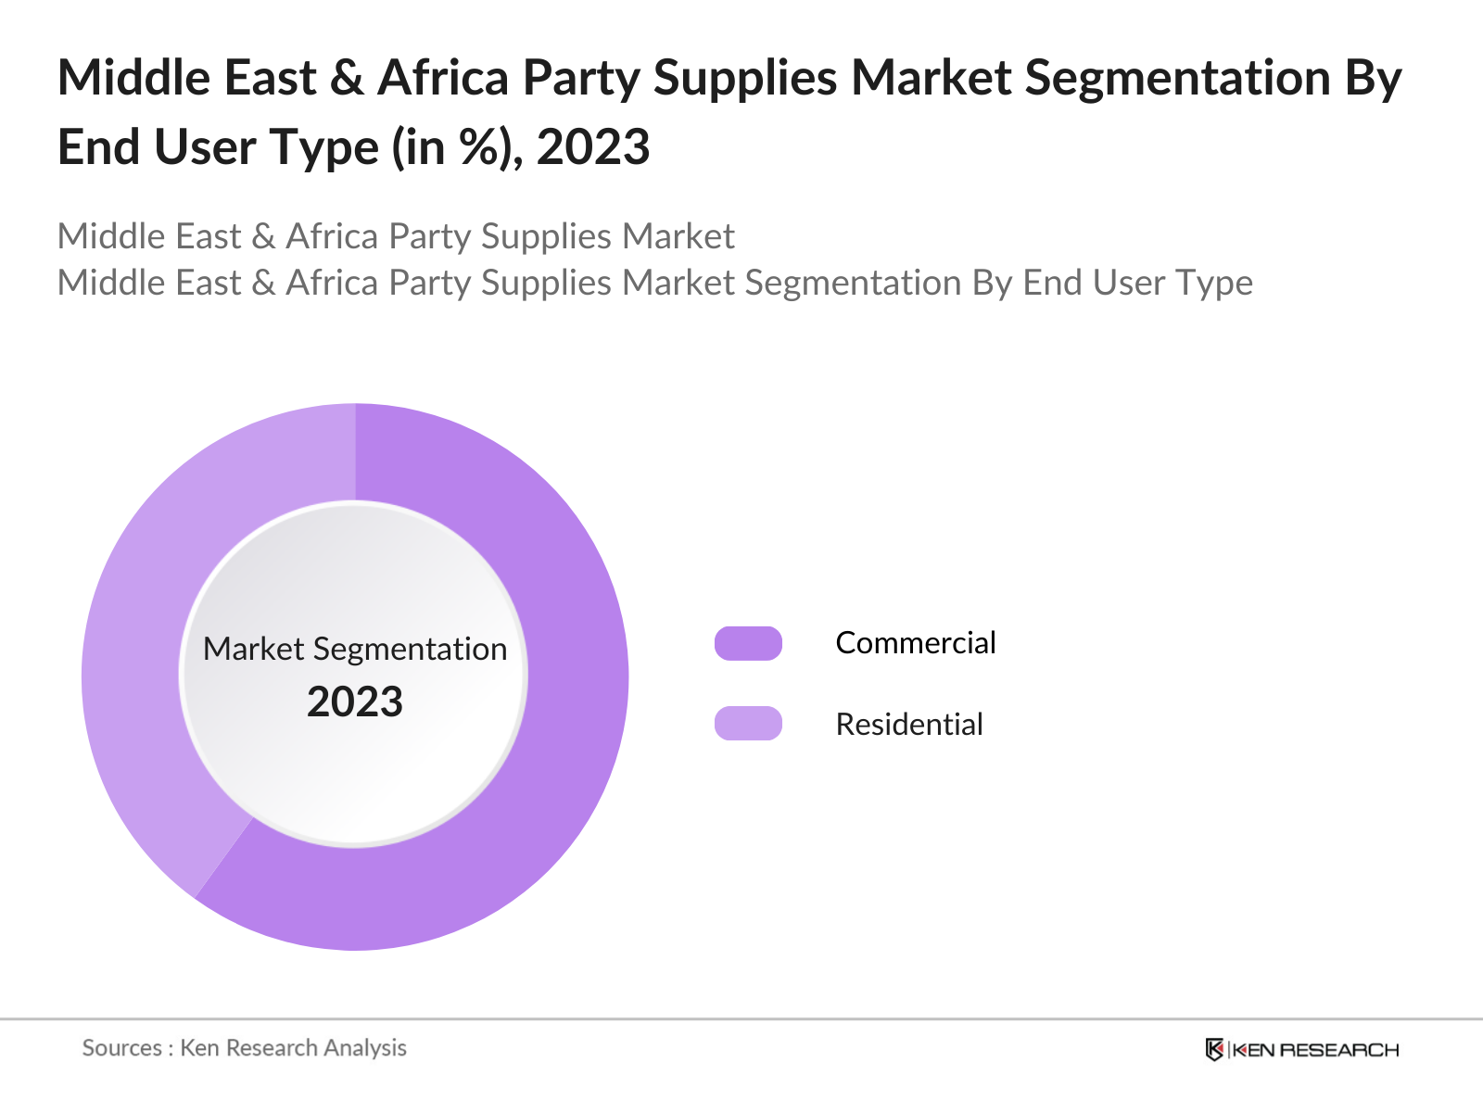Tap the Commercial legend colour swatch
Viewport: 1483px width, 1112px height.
pyautogui.click(x=748, y=643)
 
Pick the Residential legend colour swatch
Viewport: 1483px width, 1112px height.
pyautogui.click(x=748, y=724)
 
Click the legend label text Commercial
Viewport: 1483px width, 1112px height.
pyautogui.click(x=915, y=643)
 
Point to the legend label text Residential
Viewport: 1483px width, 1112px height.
pyautogui.click(x=908, y=725)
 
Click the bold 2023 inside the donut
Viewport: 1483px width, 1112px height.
pyautogui.click(x=355, y=702)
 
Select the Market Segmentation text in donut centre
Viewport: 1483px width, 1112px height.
pyautogui.click(x=355, y=649)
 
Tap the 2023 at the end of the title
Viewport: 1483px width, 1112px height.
pyautogui.click(x=593, y=147)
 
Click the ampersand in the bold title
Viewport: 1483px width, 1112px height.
pyautogui.click(x=347, y=78)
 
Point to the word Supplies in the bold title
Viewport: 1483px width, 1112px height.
pyautogui.click(x=745, y=78)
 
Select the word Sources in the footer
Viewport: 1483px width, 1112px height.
pyautogui.click(x=121, y=1048)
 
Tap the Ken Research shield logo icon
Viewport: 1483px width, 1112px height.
pyautogui.click(x=1214, y=1050)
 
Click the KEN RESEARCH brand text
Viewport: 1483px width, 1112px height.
pyautogui.click(x=1315, y=1050)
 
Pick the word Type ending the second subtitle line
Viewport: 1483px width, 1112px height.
pyautogui.click(x=1213, y=283)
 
